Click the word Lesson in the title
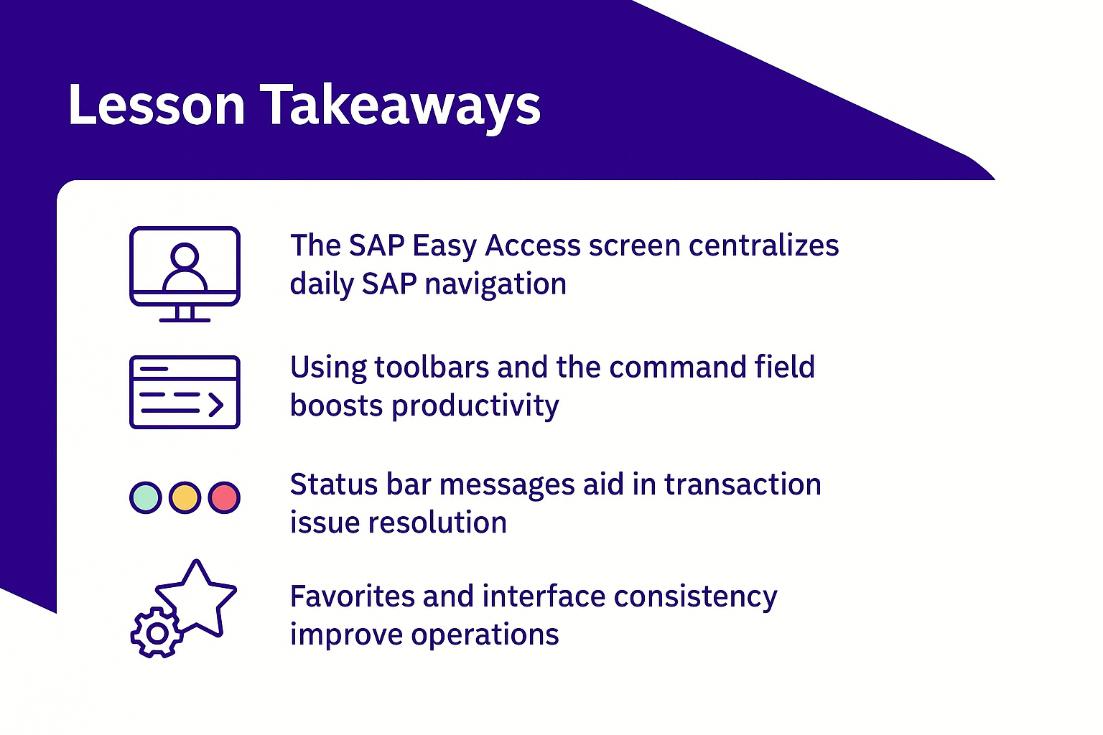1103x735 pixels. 157,104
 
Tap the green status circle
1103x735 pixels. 146,497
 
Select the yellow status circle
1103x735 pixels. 185,497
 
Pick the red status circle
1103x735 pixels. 224,497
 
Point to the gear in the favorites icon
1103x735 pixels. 157,633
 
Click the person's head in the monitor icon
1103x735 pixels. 185,256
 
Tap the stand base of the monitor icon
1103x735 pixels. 185,320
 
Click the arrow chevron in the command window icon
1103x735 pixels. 215,405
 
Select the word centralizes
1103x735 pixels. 764,245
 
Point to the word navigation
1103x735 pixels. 495,285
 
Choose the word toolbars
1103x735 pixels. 432,367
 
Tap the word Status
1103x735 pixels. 334,484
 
